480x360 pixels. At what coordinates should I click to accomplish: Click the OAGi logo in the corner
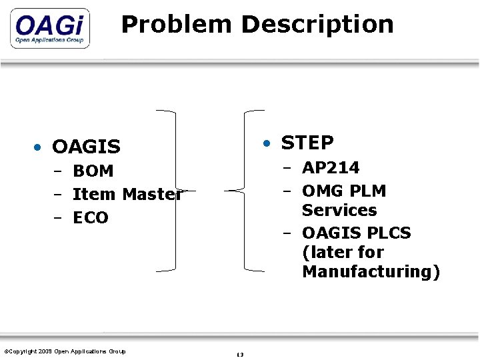pyautogui.click(x=49, y=29)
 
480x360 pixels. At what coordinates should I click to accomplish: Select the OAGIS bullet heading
pyautogui.click(x=86, y=146)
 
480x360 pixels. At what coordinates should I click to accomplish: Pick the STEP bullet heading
pyautogui.click(x=307, y=143)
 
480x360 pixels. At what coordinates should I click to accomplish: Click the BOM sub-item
pyautogui.click(x=93, y=171)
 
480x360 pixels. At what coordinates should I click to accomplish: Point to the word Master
pyautogui.click(x=152, y=195)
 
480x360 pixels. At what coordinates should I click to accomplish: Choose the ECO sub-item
pyautogui.click(x=91, y=218)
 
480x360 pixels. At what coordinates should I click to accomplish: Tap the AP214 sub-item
pyautogui.click(x=331, y=167)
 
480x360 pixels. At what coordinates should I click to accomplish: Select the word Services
pyautogui.click(x=339, y=210)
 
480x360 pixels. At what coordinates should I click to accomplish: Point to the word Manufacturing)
pyautogui.click(x=371, y=272)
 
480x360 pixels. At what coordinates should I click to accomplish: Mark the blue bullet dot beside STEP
pyautogui.click(x=267, y=143)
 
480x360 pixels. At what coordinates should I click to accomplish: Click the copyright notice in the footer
pyautogui.click(x=65, y=351)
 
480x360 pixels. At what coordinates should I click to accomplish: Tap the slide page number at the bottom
pyautogui.click(x=240, y=355)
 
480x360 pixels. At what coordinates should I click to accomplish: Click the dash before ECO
pyautogui.click(x=58, y=218)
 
